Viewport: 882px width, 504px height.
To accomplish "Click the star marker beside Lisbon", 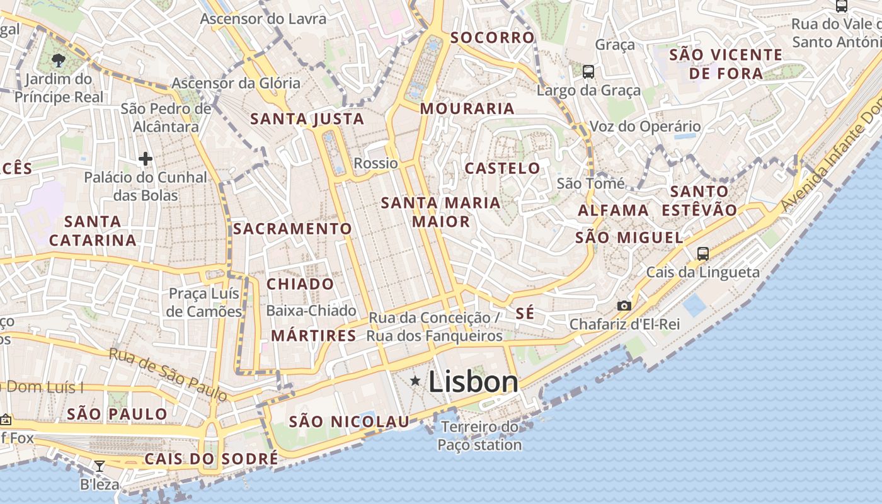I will pos(415,381).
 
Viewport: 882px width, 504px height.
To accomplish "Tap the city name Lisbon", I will pos(473,382).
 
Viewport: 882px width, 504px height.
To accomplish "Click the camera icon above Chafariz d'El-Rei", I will pos(624,306).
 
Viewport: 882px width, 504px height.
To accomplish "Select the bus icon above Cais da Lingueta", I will pos(703,254).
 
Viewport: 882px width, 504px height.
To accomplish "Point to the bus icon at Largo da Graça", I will pos(588,72).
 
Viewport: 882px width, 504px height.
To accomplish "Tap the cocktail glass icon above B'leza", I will pos(100,466).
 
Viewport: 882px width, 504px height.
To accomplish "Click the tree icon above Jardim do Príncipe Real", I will pos(58,60).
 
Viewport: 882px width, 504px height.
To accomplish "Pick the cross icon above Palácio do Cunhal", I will pos(146,159).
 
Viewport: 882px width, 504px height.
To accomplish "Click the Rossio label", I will pos(376,164).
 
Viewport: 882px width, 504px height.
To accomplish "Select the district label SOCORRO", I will pos(493,38).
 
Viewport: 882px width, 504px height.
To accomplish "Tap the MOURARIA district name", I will pos(467,108).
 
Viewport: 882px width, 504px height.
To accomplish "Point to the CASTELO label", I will pos(502,168).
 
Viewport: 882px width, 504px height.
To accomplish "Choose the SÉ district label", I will pos(525,314).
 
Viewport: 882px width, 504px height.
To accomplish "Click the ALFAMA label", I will pos(613,210).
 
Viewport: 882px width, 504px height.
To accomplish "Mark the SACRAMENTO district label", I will pos(292,229).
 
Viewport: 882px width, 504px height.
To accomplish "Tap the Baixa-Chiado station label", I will pos(311,311).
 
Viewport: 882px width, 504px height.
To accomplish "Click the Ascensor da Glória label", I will pos(236,83).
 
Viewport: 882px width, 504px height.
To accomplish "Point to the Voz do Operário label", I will pos(645,127).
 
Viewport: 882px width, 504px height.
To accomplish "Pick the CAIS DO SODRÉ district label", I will pos(211,459).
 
